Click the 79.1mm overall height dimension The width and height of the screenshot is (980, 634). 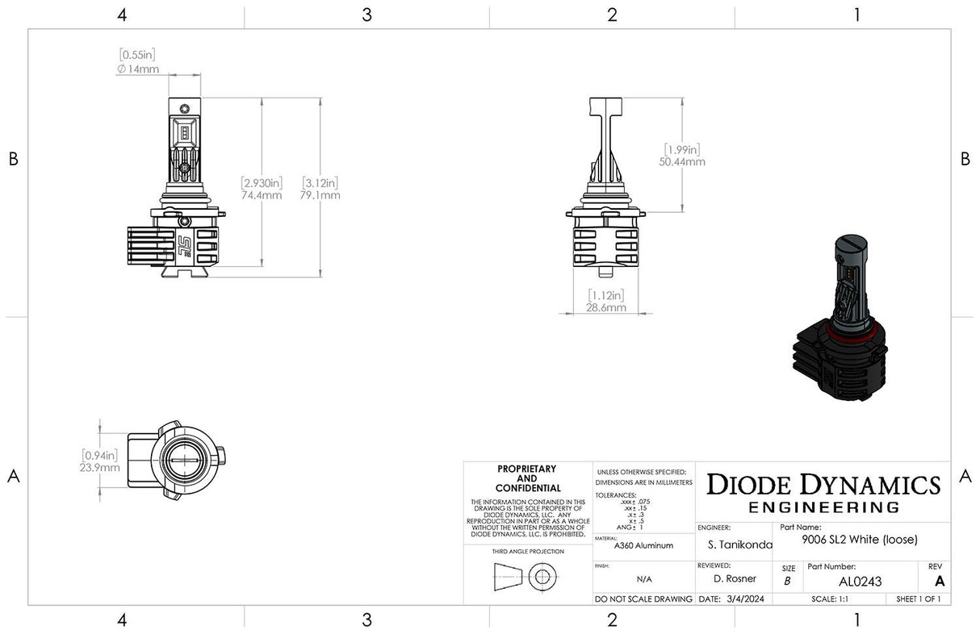point(320,195)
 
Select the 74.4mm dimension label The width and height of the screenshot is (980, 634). point(262,195)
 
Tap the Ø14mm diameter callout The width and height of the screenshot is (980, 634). point(137,69)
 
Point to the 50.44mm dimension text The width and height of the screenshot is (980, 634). point(682,161)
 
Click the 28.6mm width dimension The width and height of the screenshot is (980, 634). point(606,307)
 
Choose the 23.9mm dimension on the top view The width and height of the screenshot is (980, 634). point(100,467)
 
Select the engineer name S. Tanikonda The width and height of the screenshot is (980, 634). point(734,544)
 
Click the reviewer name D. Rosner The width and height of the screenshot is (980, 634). point(734,579)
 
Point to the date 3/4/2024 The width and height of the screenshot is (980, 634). point(733,599)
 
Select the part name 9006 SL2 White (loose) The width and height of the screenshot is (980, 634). point(860,540)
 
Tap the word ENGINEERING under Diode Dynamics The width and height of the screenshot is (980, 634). point(823,507)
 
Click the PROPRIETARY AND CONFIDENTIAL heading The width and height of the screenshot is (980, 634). point(527,478)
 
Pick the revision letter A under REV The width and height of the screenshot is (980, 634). point(938,581)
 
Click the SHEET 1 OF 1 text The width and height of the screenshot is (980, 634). point(918,599)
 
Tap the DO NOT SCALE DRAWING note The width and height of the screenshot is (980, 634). point(643,599)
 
